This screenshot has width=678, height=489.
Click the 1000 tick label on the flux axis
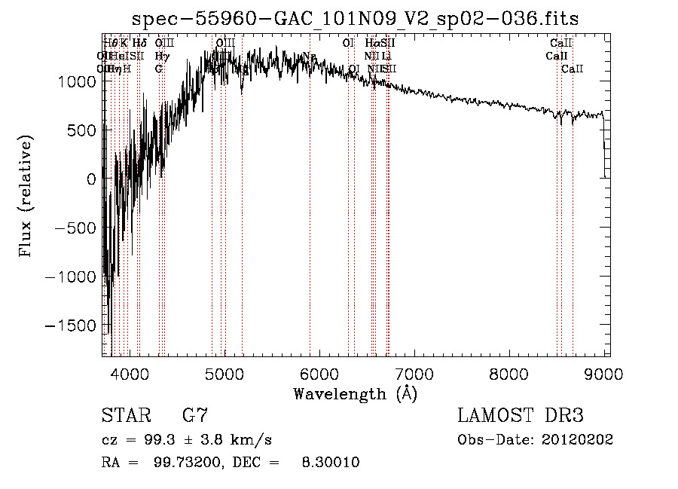click(x=78, y=81)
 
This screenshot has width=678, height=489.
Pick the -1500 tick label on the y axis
click(x=73, y=325)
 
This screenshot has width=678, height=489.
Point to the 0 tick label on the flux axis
click(x=90, y=179)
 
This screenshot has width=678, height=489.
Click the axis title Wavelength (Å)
click(x=355, y=393)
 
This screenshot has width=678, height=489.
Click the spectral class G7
click(x=194, y=416)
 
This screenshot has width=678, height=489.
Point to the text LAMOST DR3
click(x=521, y=416)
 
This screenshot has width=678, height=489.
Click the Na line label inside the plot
click(x=308, y=57)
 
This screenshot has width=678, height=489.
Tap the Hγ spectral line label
click(x=161, y=56)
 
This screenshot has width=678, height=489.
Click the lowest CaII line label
click(x=573, y=69)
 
